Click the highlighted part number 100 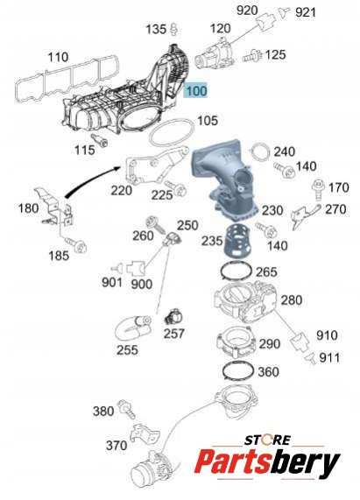click(196, 90)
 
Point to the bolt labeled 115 click(100, 141)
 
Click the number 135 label click(156, 30)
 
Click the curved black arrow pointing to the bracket click(90, 180)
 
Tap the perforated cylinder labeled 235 click(236, 242)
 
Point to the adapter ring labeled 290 click(236, 344)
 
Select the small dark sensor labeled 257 click(173, 318)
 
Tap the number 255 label click(127, 349)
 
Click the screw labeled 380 click(126, 408)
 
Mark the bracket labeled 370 click(145, 433)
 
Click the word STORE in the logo click(267, 440)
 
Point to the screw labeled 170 click(318, 189)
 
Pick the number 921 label click(306, 12)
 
